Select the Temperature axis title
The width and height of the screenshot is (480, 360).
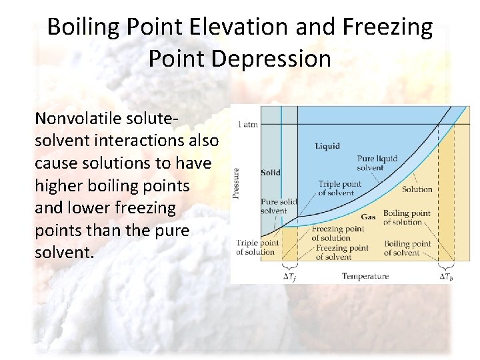coord(365,275)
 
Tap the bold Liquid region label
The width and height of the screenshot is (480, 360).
coord(327,145)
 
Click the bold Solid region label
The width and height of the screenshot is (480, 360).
coord(270,173)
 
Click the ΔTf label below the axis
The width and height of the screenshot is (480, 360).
coord(288,277)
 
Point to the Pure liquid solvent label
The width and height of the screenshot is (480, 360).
coord(377,163)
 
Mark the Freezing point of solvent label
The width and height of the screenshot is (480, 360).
coord(341,252)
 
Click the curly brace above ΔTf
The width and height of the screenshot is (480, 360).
coord(288,267)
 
